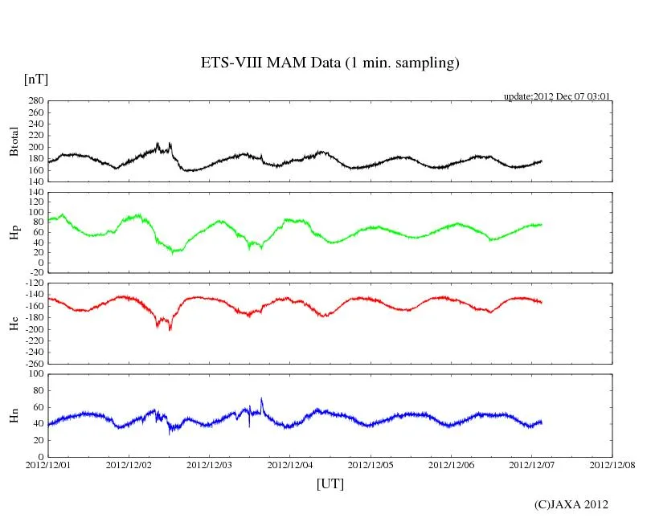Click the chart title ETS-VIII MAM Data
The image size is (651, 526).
coord(330,63)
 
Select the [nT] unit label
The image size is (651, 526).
coord(36,79)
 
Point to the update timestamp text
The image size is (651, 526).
coord(557,96)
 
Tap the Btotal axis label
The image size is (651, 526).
coord(14,141)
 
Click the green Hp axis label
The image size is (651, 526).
coord(14,232)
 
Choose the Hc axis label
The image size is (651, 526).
coord(14,323)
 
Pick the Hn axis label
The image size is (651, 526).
coord(14,415)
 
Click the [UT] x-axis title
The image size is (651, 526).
coord(330,483)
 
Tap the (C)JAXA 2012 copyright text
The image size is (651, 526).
coord(571,504)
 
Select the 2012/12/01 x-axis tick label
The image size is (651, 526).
coord(48,465)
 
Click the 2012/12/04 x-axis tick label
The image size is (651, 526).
coord(291,465)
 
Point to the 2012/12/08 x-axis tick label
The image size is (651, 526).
coord(613,465)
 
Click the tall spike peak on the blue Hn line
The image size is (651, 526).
coord(261,398)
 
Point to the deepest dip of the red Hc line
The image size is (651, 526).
coord(170,329)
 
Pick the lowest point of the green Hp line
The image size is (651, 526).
coord(172,253)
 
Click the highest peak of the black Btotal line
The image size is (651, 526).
coord(158,143)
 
